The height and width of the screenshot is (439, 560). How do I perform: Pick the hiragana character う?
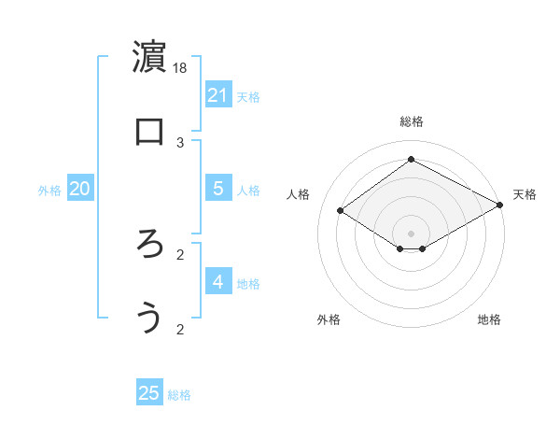point(149,318)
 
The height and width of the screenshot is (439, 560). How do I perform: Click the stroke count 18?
point(181,67)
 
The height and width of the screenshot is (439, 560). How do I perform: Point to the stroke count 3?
point(181,142)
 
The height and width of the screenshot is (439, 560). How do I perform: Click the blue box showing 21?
point(218,94)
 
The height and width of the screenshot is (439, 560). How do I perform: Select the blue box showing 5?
point(218,188)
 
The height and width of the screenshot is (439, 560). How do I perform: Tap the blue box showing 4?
point(218,281)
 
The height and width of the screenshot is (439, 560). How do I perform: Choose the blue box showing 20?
point(79,189)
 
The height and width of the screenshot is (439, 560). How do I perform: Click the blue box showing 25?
point(149,393)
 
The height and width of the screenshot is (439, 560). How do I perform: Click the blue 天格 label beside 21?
point(248,96)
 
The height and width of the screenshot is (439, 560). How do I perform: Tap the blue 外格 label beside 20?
point(49,191)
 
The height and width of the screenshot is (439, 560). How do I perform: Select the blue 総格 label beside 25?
point(179,395)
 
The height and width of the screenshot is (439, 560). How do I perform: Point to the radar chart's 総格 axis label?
point(411,121)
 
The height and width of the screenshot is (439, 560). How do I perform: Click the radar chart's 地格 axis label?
point(489,320)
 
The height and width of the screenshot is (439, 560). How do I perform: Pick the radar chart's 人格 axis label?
point(299,194)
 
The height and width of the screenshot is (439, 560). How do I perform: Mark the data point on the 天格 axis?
point(500,205)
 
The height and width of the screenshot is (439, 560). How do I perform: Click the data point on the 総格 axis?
point(411,160)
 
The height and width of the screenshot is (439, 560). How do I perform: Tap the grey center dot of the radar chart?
point(411,233)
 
